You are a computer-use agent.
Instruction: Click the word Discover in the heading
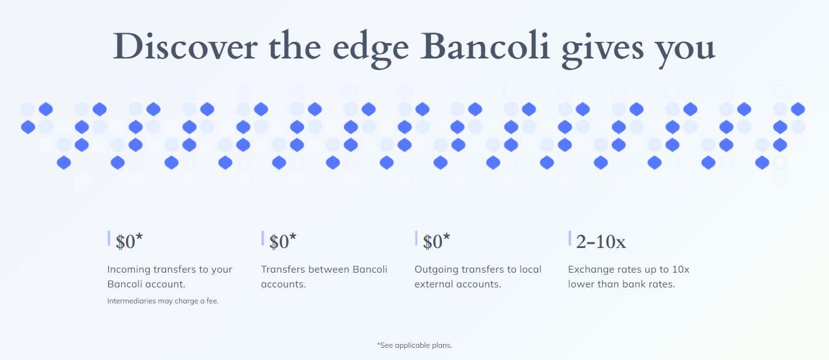185,47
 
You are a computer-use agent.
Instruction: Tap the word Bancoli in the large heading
485,46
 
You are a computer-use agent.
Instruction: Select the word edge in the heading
370,49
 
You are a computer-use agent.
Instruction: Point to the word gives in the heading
603,49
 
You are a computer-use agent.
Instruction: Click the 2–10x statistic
601,242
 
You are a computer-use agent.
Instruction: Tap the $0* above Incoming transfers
129,241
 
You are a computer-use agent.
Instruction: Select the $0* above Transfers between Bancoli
282,241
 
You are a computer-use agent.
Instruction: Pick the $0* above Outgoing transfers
436,241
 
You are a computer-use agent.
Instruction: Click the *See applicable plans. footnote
415,345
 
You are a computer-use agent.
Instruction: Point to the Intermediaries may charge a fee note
163,301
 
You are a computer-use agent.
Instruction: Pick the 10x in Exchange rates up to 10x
680,270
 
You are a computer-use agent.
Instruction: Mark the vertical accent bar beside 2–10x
570,238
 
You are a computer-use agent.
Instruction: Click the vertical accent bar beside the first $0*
109,238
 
